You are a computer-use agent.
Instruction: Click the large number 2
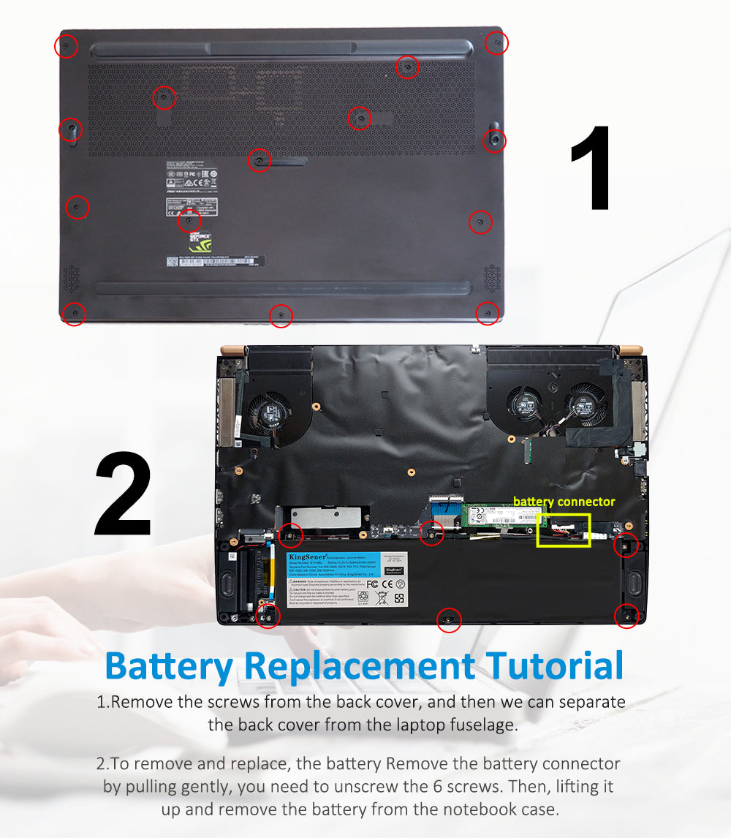click(x=124, y=495)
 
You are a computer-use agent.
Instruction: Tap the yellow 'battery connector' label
click(x=564, y=502)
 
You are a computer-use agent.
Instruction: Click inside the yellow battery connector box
click(x=564, y=531)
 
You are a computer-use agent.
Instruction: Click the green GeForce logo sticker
click(x=200, y=244)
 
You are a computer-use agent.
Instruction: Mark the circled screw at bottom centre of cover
click(x=281, y=316)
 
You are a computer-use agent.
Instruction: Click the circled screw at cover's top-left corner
click(x=66, y=47)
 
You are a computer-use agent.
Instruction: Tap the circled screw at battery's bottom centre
click(x=448, y=620)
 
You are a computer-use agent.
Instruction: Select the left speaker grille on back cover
click(x=70, y=278)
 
